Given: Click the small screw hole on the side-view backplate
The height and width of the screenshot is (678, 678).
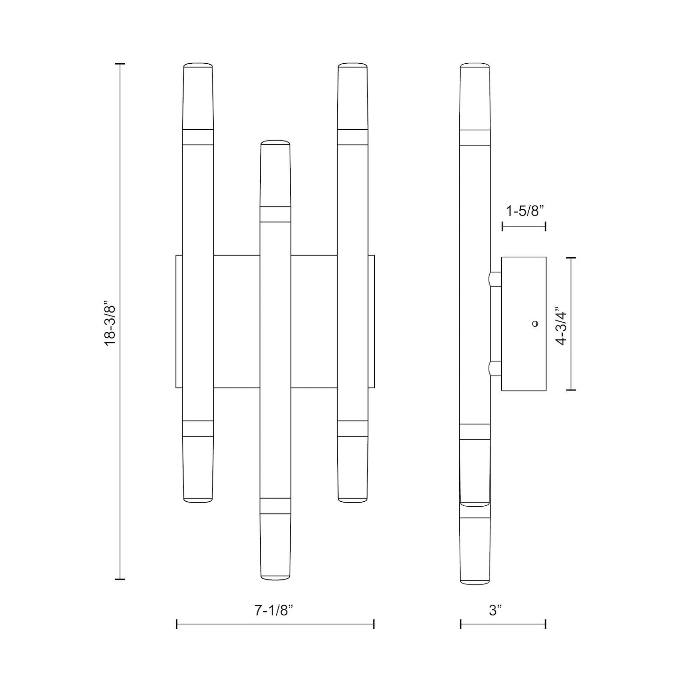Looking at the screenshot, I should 535,324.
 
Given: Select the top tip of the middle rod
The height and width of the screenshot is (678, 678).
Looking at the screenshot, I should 275,142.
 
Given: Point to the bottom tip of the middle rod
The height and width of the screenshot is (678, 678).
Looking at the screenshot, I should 275,577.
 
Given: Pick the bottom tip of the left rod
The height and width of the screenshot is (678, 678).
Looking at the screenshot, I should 198,500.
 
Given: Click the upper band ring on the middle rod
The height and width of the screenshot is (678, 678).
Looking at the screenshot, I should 275,214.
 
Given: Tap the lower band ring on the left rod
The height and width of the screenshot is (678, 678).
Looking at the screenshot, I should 198,428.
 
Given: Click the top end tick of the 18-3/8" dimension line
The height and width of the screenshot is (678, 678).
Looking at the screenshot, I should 120,64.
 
